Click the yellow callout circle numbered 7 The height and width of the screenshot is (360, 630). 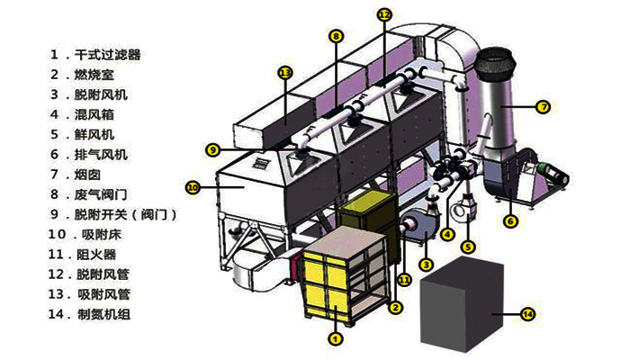(x=543, y=107)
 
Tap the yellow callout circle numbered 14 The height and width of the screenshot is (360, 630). (x=527, y=314)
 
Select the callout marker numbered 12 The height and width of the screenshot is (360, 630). (x=384, y=15)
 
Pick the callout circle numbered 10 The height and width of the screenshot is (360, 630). (x=193, y=187)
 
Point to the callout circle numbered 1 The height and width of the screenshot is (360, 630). (x=335, y=338)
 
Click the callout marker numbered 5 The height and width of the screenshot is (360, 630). (x=468, y=247)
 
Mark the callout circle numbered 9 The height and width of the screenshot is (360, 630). (x=212, y=150)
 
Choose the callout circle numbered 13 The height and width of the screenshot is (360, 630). (x=285, y=73)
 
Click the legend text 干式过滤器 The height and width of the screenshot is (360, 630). (x=108, y=55)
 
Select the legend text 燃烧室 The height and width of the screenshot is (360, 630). (x=94, y=75)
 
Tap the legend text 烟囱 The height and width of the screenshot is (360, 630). (x=87, y=175)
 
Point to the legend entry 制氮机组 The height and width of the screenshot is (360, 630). (x=103, y=314)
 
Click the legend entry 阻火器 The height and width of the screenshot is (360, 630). (x=96, y=255)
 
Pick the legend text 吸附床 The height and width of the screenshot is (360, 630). (x=101, y=234)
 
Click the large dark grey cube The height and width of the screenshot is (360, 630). (x=462, y=304)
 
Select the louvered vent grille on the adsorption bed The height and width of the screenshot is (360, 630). (x=261, y=163)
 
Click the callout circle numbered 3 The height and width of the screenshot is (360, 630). (x=426, y=265)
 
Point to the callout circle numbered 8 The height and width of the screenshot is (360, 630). (x=336, y=37)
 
